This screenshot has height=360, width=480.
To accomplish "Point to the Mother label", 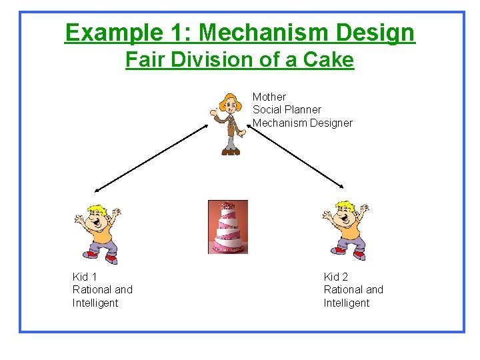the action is click(269, 97).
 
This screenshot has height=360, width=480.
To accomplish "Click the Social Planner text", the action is click(287, 109).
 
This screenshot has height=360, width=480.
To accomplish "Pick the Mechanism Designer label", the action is click(302, 123).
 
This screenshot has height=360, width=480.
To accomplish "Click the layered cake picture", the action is click(227, 227).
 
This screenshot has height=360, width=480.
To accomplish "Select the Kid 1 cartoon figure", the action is click(98, 231).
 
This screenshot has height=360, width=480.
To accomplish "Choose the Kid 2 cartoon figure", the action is click(345, 229).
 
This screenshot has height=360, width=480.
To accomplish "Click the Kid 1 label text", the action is click(85, 277).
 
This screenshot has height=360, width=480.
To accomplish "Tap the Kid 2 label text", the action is click(336, 277).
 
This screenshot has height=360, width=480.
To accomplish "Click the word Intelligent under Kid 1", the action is click(95, 303).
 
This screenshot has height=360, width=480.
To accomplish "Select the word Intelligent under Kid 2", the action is click(347, 303).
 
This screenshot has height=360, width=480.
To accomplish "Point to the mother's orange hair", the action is click(231, 102).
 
